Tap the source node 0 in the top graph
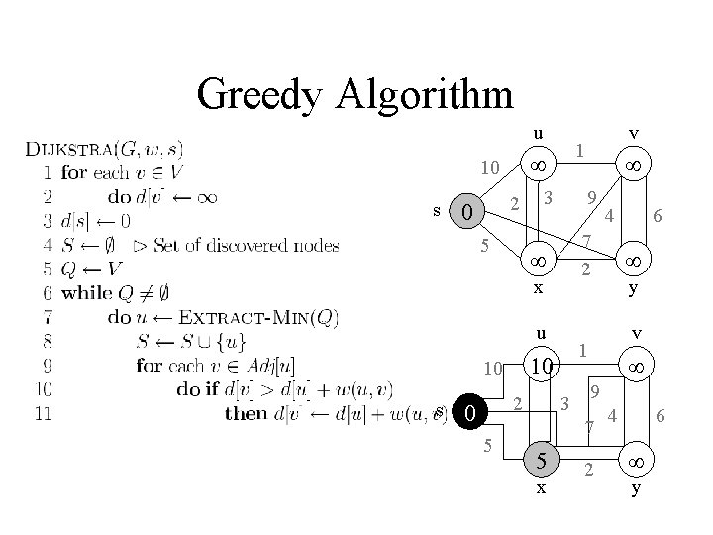(x=471, y=212)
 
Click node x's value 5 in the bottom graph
(x=540, y=460)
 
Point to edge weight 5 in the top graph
(x=484, y=245)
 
